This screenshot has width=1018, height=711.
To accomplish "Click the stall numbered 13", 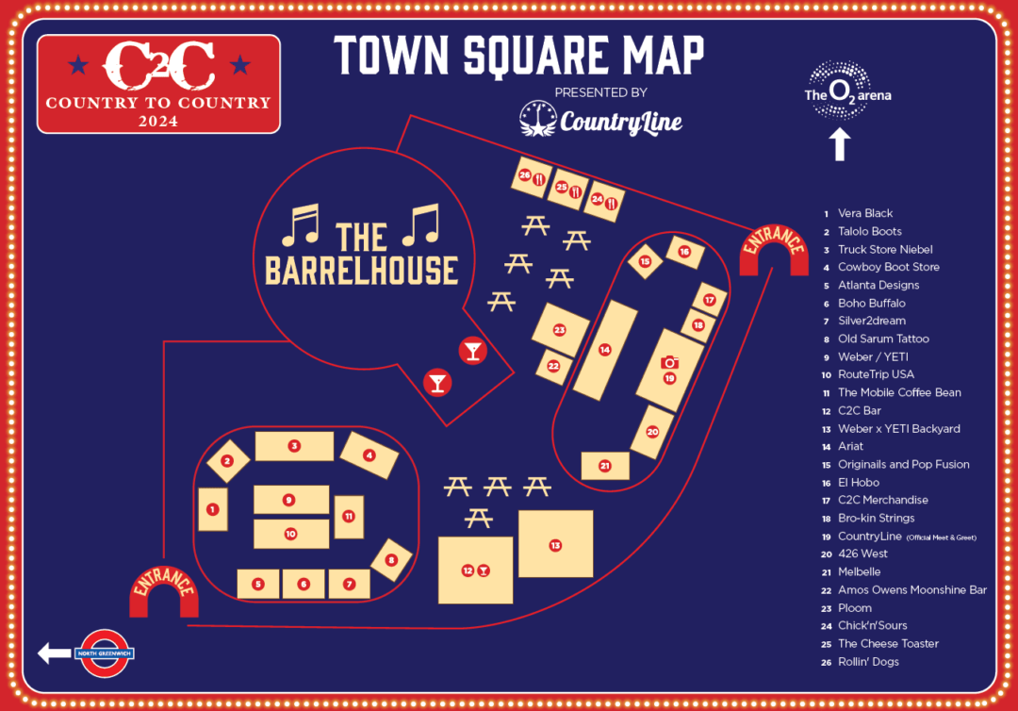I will point(555,544).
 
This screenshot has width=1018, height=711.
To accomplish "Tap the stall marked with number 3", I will point(294,446).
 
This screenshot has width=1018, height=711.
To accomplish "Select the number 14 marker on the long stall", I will point(604,350).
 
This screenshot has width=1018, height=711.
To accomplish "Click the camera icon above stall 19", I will point(669,362).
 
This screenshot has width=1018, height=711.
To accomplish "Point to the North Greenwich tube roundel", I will point(105,653).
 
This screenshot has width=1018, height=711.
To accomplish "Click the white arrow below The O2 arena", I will point(840,144).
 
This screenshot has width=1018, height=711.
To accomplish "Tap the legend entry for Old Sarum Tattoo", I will point(882,339).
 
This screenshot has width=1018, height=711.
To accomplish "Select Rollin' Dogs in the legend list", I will point(867,661).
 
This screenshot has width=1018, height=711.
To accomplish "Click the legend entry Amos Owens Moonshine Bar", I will point(911,589).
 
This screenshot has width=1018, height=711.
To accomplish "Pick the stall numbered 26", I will point(525,175).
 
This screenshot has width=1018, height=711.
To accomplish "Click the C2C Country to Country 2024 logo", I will point(158,83).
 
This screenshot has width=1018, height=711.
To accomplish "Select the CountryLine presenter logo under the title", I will point(600,119).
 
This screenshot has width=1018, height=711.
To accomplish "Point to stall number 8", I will point(391,559).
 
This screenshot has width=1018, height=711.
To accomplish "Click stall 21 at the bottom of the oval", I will point(604,466).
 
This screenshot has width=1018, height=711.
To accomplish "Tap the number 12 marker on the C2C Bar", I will point(468,570).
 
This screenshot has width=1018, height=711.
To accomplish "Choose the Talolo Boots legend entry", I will point(869,231).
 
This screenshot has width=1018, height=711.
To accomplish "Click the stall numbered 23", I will point(559,330).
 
